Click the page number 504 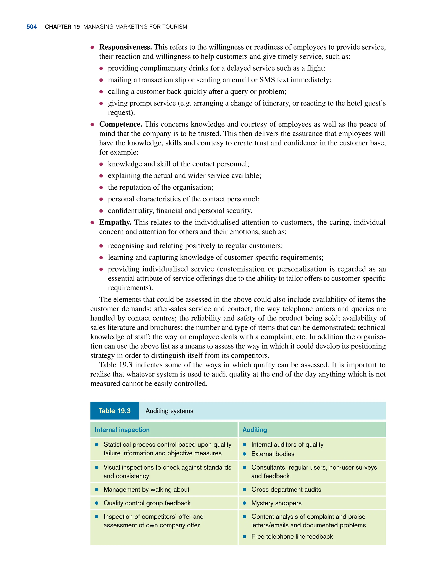point(31,27)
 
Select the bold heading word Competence point(121,124)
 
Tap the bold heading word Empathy point(115,222)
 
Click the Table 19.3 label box point(114,411)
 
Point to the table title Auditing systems point(169,411)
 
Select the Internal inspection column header point(122,430)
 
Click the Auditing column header point(254,430)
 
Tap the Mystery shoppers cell point(276,503)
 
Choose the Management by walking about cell point(146,489)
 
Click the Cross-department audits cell point(286,489)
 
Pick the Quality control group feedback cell point(147,503)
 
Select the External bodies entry point(273,454)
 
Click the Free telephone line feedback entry point(292,536)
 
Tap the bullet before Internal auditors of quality point(244,445)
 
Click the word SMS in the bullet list point(267,80)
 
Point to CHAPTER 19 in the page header point(62,27)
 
